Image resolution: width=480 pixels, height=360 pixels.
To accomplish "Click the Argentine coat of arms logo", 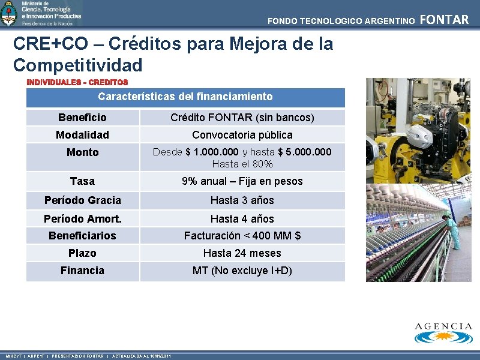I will click(9, 13).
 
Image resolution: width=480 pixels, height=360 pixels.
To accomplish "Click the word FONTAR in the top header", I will click(444, 20).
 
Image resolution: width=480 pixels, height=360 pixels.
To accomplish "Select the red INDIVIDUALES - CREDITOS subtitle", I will click(77, 82).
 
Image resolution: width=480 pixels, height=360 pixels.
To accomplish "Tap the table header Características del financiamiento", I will click(185, 97).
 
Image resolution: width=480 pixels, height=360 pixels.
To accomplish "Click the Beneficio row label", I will click(82, 118).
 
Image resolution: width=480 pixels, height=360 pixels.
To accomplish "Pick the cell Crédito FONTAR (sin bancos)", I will click(242, 118).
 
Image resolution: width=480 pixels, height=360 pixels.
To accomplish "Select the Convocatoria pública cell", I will click(242, 135).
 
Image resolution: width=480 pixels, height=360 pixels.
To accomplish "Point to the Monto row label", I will click(82, 152).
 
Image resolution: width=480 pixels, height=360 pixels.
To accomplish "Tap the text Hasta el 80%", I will click(242, 164).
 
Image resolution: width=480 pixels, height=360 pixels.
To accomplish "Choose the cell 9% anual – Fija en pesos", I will click(242, 181).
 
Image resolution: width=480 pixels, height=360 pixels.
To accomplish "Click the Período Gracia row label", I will click(82, 200).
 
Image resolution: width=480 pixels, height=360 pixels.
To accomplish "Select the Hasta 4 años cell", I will click(242, 219).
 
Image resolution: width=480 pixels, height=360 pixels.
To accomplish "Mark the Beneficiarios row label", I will click(82, 236).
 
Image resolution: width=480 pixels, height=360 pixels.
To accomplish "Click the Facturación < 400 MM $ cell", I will click(242, 236).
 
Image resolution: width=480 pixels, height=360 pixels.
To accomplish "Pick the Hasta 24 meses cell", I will click(242, 253).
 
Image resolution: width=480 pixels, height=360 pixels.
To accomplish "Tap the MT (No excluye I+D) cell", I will click(242, 271).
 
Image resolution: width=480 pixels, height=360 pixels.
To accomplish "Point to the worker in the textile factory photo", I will click(452, 231).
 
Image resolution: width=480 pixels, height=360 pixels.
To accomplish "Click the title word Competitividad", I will click(78, 65).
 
